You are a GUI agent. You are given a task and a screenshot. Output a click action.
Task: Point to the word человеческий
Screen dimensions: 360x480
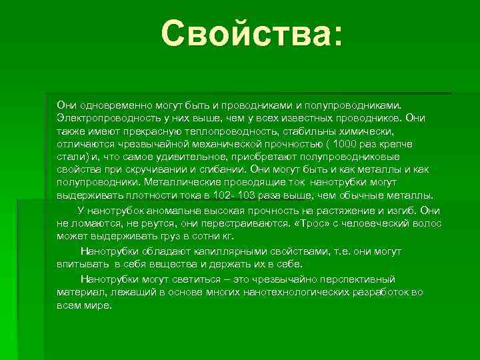coord(373,223)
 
